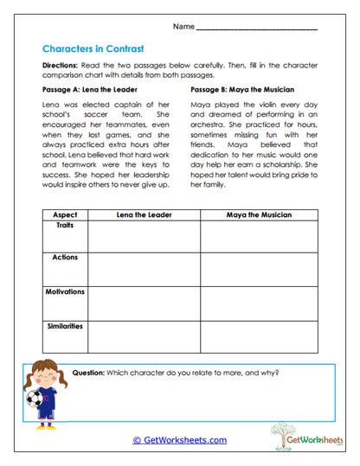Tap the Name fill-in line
(x=257, y=29)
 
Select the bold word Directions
(x=62, y=66)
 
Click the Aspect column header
(x=65, y=214)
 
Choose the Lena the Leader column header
(x=144, y=214)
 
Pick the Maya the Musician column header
(x=259, y=214)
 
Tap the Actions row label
(x=65, y=258)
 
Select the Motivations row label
(x=65, y=292)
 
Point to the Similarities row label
(x=65, y=326)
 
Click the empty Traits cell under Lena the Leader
(x=144, y=236)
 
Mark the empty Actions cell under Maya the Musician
(x=259, y=270)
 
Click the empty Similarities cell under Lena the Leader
(x=144, y=338)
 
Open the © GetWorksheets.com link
(x=179, y=440)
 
